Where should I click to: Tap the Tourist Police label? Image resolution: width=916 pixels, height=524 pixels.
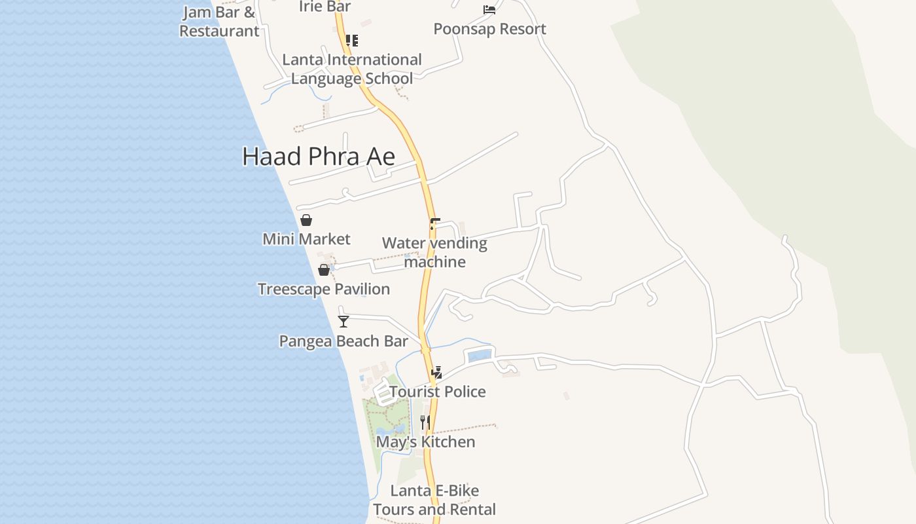(438, 392)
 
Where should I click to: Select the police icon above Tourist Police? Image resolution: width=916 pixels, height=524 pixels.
(436, 373)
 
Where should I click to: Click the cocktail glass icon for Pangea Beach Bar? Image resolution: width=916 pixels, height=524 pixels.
(343, 321)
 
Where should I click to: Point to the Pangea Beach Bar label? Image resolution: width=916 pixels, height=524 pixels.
(343, 341)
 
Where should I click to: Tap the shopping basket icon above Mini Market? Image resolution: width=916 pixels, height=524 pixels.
(306, 220)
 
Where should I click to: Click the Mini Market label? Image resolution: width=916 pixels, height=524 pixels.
(306, 239)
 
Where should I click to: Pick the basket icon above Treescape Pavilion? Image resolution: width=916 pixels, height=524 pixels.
(324, 270)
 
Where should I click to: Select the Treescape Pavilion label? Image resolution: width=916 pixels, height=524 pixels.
(324, 289)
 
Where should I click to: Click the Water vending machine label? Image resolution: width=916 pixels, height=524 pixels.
(434, 252)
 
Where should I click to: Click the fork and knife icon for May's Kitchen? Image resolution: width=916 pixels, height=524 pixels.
(425, 422)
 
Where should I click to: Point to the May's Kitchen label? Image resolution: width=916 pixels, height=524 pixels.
(425, 442)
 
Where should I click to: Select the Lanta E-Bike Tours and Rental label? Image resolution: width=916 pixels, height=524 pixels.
(434, 500)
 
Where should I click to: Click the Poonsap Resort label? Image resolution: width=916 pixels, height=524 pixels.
(489, 29)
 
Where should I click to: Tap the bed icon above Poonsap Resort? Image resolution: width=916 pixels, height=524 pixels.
(489, 10)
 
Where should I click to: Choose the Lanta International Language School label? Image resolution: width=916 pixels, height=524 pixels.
(352, 69)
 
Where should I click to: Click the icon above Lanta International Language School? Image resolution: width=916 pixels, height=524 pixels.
(352, 41)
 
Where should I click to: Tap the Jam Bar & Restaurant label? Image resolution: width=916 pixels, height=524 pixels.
(219, 22)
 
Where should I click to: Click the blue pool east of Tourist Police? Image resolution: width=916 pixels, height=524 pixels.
(478, 356)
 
